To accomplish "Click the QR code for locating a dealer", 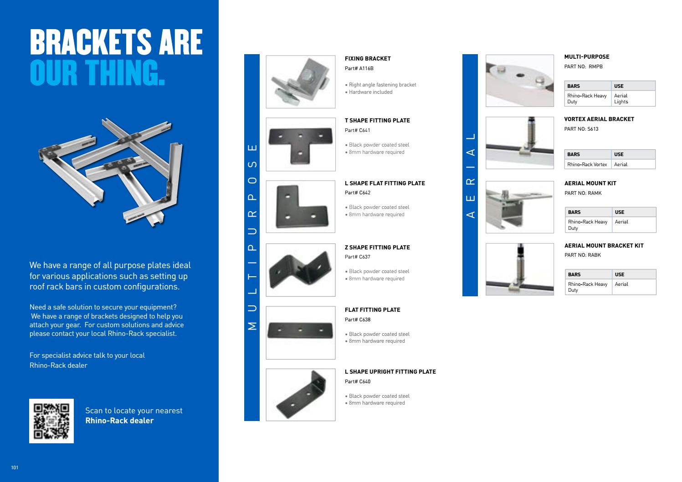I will (51, 421).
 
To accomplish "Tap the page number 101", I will (15, 467).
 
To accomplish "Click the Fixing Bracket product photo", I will (300, 82).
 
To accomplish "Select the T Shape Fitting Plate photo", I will (300, 144).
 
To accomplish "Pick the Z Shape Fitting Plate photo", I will (300, 270).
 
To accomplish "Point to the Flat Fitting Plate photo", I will (300, 332).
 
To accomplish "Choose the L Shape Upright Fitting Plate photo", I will (300, 395).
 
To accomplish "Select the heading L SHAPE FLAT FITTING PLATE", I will (385, 183).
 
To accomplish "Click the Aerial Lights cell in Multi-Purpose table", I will (621, 99).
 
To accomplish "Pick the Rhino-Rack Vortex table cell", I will (587, 164).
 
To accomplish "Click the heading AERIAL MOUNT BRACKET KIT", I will (604, 246).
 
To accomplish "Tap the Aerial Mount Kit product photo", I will (519, 207).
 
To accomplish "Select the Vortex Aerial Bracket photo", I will (519, 143).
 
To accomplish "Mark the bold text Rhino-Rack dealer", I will (119, 421).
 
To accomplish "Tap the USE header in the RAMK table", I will (620, 212).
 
